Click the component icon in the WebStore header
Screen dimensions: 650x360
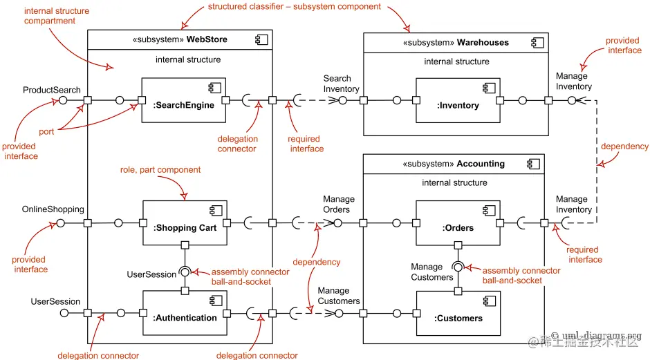(x=261, y=40)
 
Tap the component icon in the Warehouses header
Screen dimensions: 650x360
(x=538, y=43)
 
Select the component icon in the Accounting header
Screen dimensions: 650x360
(x=534, y=164)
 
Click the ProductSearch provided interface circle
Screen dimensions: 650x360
(x=63, y=100)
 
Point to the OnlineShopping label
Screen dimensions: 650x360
(x=53, y=209)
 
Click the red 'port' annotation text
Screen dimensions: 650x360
(x=46, y=132)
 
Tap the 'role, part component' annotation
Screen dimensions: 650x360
(x=160, y=170)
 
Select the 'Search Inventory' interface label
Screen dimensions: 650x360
(x=341, y=84)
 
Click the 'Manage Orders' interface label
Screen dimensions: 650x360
(x=339, y=205)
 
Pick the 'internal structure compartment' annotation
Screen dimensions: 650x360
(x=57, y=16)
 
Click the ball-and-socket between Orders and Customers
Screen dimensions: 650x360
(x=458, y=267)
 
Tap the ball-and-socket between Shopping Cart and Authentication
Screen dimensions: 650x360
(x=185, y=272)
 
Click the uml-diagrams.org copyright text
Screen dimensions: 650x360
(x=596, y=335)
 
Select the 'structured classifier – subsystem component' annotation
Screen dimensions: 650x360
(x=295, y=7)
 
